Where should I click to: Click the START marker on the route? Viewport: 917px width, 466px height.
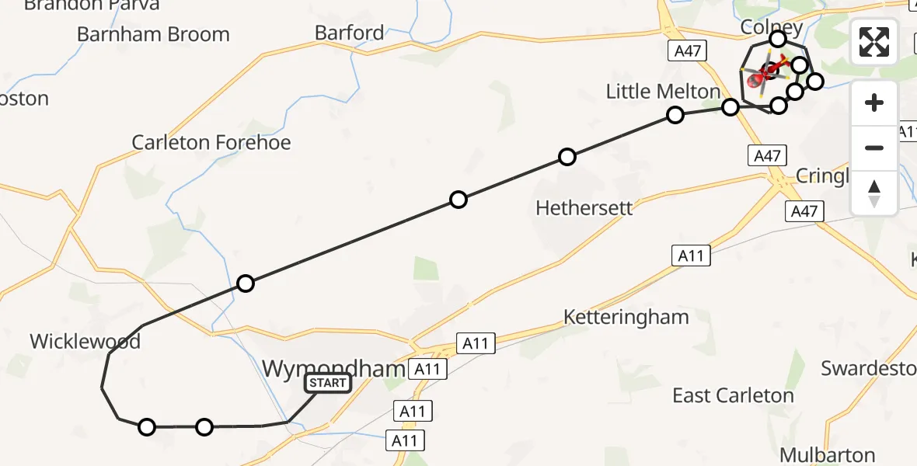[328, 383]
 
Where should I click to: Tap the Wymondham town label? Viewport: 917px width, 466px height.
[334, 368]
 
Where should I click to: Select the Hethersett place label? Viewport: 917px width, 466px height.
[584, 208]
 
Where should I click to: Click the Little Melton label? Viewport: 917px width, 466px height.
[663, 92]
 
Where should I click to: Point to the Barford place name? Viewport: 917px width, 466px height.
[349, 33]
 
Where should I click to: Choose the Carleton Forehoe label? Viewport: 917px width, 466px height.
[211, 142]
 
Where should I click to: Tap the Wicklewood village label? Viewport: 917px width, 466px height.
[85, 341]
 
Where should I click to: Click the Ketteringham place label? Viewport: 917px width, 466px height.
[626, 317]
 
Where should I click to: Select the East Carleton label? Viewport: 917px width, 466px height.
[733, 395]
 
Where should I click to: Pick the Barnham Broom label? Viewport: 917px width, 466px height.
[153, 34]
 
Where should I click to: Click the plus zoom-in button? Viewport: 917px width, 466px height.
[874, 103]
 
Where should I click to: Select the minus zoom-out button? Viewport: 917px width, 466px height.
[874, 148]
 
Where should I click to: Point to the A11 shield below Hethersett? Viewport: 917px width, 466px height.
[691, 256]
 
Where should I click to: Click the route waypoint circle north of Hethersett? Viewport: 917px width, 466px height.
[567, 157]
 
